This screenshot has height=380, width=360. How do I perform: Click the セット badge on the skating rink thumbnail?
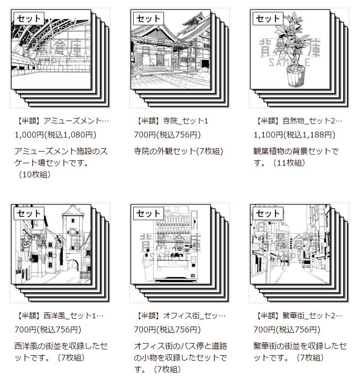pyautogui.click(x=29, y=18)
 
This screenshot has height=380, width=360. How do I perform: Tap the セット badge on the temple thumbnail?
pyautogui.click(x=148, y=18)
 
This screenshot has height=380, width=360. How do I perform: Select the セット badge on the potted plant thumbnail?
pyautogui.click(x=268, y=18)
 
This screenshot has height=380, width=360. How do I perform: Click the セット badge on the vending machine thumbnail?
pyautogui.click(x=148, y=213)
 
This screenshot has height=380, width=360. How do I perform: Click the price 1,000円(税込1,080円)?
pyautogui.click(x=55, y=135)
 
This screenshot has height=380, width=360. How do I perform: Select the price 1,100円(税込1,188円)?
pyautogui.click(x=294, y=135)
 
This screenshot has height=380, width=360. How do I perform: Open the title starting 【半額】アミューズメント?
pyautogui.click(x=62, y=121)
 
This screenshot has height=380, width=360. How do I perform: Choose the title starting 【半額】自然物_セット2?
pyautogui.click(x=298, y=121)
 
